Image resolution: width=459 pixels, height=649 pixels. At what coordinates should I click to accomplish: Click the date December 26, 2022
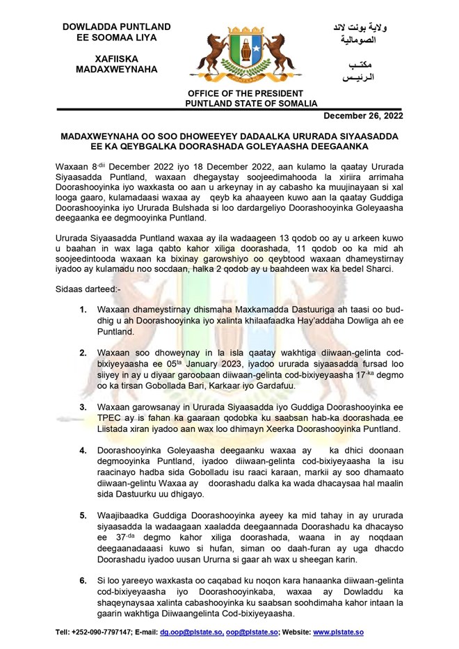click(362, 115)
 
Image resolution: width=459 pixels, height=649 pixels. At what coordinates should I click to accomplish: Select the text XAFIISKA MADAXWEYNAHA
click(115, 64)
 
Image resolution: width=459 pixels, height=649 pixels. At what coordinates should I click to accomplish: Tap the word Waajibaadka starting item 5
click(125, 515)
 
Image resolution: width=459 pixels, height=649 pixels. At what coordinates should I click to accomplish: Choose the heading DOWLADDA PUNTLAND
click(116, 26)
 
